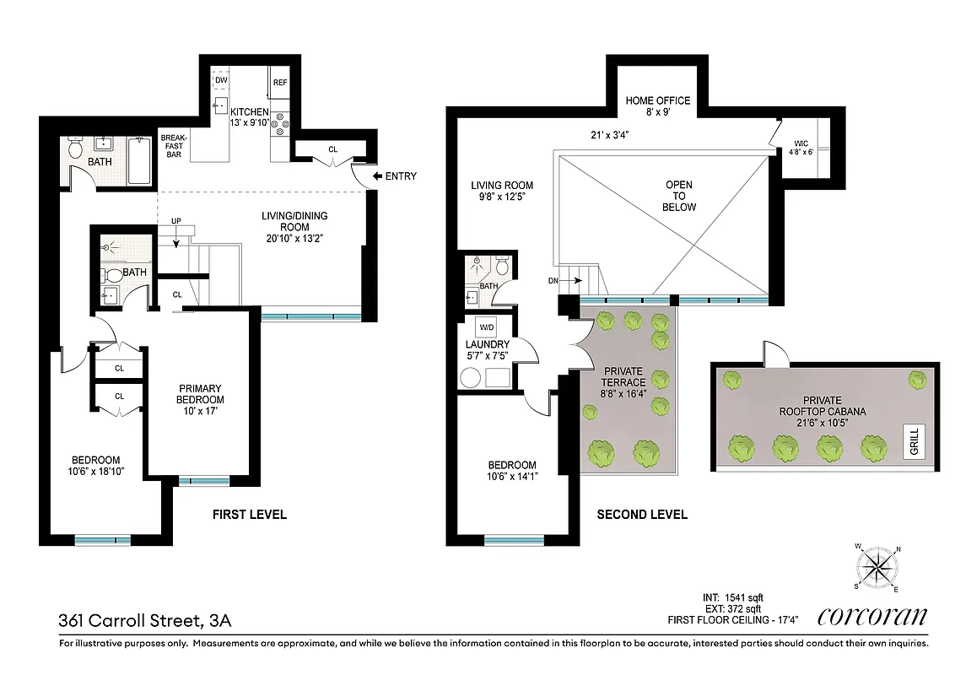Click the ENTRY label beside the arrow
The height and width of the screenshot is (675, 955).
tap(400, 176)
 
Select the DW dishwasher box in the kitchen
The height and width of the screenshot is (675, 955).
tap(221, 81)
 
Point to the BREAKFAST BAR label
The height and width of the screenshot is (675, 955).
tap(174, 145)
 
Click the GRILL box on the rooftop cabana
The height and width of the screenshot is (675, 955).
tap(915, 440)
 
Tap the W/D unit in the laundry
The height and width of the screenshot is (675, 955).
tap(487, 327)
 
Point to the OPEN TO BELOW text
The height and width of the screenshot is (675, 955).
tap(679, 196)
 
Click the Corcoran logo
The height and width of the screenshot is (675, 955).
tap(872, 617)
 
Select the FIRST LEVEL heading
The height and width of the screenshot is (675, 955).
tap(249, 515)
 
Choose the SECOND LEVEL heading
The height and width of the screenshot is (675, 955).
tap(642, 515)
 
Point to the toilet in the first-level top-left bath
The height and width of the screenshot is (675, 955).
tap(75, 150)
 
